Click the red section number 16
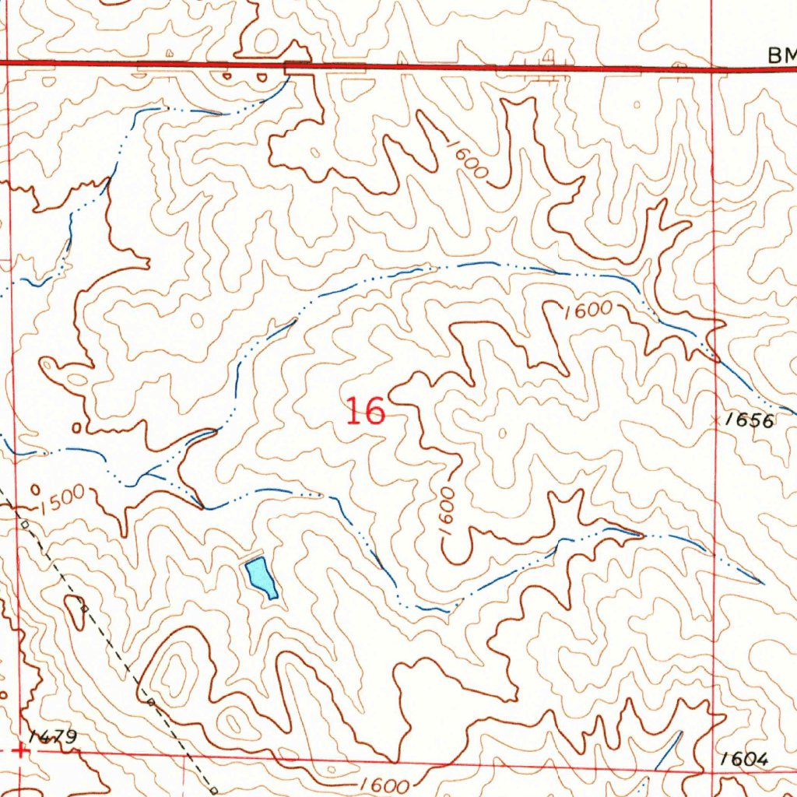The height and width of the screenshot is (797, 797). [365, 411]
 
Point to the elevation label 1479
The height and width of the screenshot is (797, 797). [52, 736]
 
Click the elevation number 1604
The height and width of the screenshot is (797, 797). [744, 759]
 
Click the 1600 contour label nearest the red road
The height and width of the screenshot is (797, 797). [466, 159]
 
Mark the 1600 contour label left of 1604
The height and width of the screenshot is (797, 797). [384, 784]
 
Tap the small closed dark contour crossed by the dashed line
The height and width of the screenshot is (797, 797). [77, 611]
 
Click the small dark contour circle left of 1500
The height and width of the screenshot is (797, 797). [36, 490]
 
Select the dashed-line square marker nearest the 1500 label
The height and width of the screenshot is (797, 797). [26, 524]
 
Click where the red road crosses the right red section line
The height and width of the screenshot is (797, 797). [713, 68]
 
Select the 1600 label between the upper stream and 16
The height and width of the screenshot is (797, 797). [588, 310]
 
